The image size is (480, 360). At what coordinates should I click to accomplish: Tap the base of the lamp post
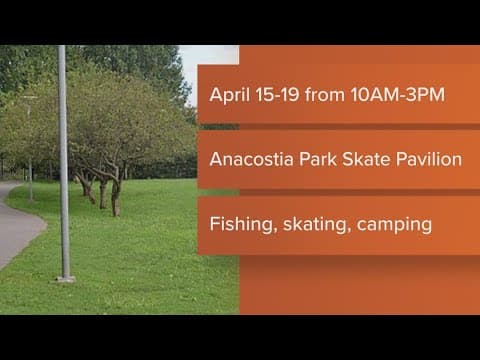(x=65, y=277)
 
